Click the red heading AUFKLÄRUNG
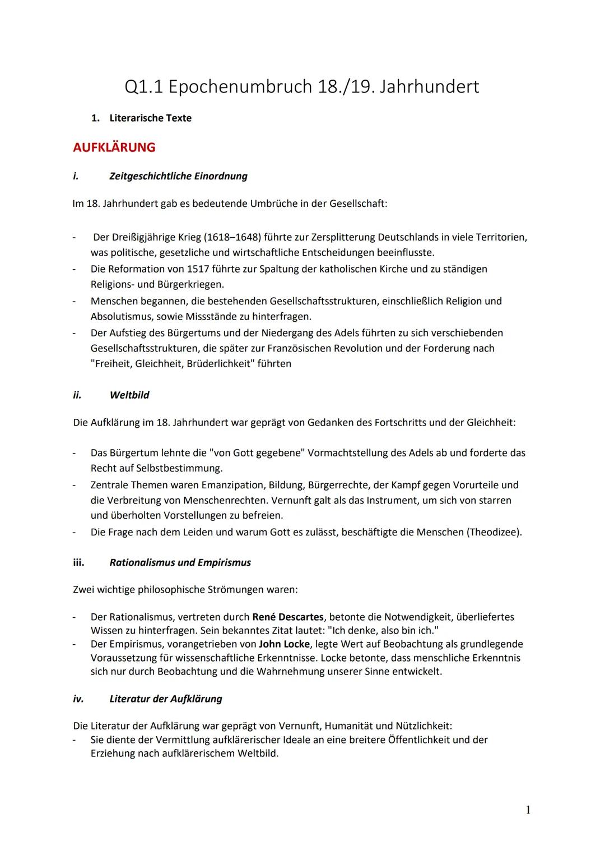(114, 147)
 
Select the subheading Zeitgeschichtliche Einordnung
(178, 176)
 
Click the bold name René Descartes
(288, 617)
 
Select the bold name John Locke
(284, 644)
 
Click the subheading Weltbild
(129, 395)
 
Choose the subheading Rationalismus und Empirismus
(180, 562)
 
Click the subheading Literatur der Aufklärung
(166, 699)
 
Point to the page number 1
(528, 810)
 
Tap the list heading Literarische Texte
(150, 118)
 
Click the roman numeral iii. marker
(78, 562)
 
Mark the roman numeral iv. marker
(78, 699)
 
